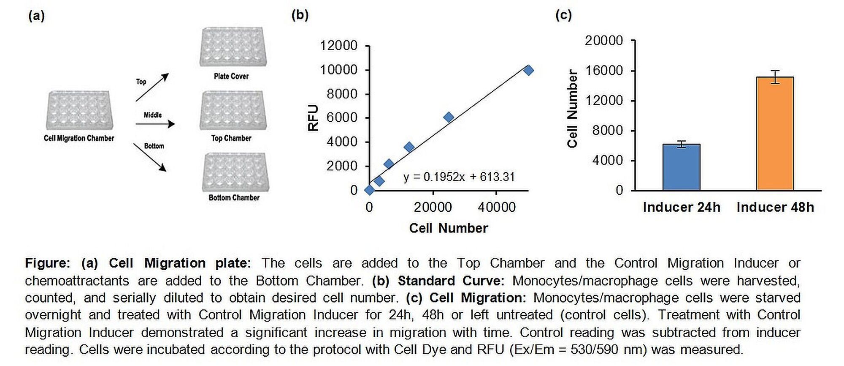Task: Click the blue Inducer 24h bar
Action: point(681,167)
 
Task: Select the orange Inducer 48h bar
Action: point(775,134)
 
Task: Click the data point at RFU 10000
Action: point(528,70)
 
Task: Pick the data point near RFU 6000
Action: point(449,117)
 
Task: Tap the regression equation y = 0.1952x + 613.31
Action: point(459,177)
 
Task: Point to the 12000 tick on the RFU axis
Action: point(338,45)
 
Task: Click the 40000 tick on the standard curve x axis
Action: point(496,207)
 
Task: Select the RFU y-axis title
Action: point(313,117)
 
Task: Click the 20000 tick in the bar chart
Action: point(603,41)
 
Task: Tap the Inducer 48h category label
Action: point(775,207)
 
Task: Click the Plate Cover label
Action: point(231,76)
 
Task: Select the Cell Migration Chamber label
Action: point(79,138)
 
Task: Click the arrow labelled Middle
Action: point(155,124)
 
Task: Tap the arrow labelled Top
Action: point(152,87)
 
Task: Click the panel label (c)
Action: point(563,15)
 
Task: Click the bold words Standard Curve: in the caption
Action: point(451,281)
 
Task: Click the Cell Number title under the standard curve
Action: point(448,228)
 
